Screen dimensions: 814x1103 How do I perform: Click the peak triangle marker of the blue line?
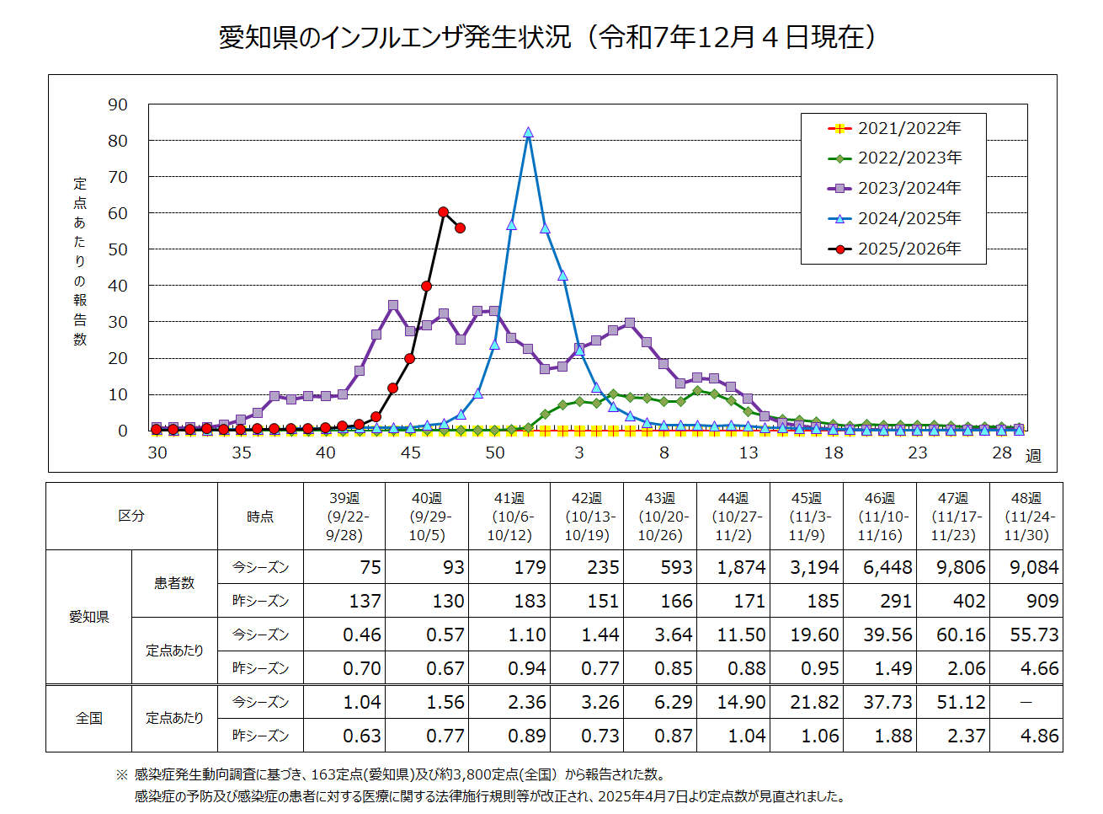click(x=528, y=132)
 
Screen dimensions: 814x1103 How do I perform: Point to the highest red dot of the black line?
click(x=444, y=212)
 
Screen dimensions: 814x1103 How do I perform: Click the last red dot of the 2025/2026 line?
click(x=461, y=228)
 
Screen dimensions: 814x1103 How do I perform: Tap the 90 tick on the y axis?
click(x=118, y=104)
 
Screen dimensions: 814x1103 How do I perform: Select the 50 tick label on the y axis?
click(x=118, y=249)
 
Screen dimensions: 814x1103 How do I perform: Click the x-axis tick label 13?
click(x=749, y=453)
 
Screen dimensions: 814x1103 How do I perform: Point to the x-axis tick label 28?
click(x=1001, y=453)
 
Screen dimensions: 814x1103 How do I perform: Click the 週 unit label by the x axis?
click(x=1033, y=456)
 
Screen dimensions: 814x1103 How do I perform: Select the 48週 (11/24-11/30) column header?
click(x=1026, y=517)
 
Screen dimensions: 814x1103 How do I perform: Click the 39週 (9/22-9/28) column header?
click(x=344, y=517)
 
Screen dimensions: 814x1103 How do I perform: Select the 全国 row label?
click(x=88, y=718)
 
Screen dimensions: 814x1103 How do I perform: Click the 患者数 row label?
click(x=174, y=583)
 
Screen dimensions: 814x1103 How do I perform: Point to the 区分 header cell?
click(x=131, y=516)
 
